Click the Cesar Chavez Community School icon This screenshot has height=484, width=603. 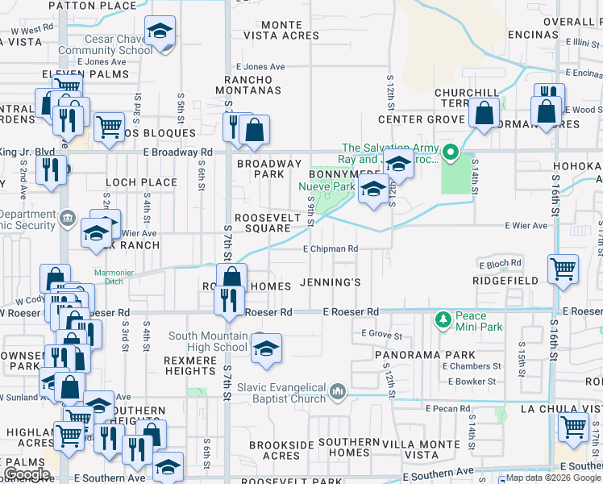[160, 32]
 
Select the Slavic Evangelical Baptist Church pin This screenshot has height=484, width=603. [337, 393]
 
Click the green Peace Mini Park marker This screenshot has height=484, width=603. [442, 321]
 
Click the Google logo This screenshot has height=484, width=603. [27, 474]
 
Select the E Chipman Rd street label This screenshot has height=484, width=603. [331, 249]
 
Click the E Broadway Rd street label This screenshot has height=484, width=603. [177, 152]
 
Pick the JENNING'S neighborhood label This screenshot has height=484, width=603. [330, 282]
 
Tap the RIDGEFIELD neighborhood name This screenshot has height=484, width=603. [505, 281]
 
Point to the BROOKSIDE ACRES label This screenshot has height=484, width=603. [274, 450]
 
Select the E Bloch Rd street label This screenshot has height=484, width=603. [500, 263]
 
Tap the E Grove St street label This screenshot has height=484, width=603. [381, 333]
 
